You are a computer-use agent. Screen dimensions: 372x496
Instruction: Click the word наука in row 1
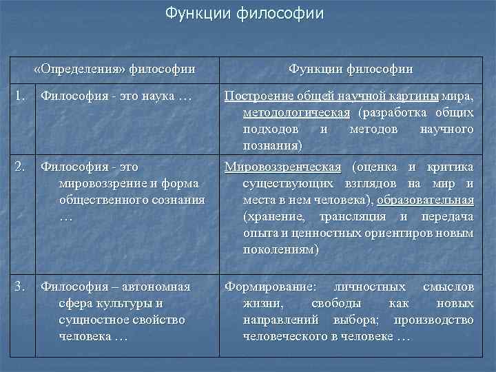[158, 95]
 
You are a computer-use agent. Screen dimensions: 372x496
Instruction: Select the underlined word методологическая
[296, 112]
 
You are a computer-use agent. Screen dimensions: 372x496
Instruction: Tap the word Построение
[257, 95]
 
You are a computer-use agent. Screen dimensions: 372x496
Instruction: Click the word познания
[271, 146]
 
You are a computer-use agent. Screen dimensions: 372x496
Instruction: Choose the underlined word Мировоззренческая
[283, 167]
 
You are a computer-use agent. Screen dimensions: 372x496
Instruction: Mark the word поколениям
[280, 249]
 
